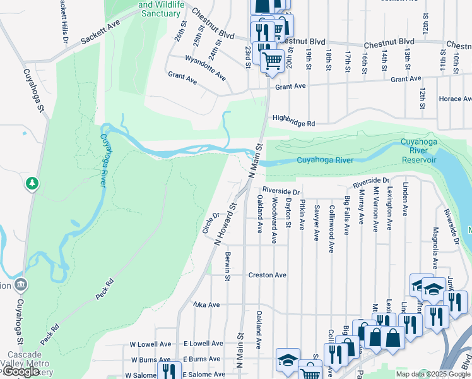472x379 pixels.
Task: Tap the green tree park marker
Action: point(32,184)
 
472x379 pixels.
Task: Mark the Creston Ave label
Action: point(267,275)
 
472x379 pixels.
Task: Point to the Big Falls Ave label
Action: point(346,215)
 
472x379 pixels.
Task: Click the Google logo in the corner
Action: point(21,372)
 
